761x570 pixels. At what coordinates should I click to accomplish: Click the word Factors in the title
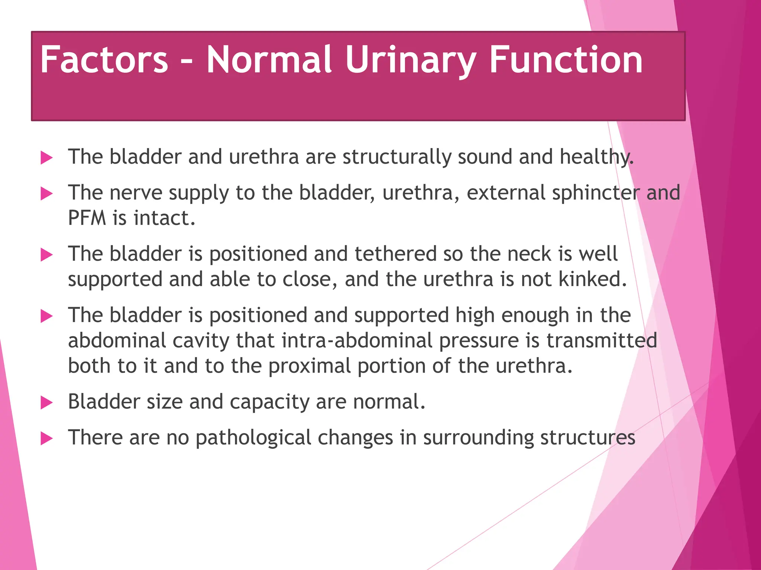point(104,60)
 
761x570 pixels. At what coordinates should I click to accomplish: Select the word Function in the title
point(566,60)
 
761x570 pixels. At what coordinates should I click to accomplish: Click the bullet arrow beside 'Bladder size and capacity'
point(46,403)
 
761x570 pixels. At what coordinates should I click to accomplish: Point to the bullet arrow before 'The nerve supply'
point(46,194)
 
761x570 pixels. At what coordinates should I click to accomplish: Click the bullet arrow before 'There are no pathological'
point(46,439)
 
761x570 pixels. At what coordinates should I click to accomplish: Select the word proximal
point(310,366)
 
